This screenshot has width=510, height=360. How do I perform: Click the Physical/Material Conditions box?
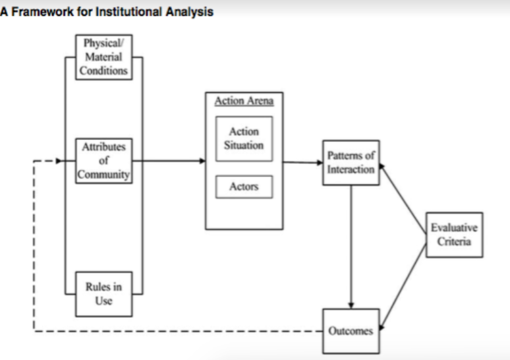click(x=103, y=57)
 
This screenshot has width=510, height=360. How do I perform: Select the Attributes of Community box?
click(x=103, y=161)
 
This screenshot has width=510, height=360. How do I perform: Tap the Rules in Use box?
click(x=103, y=294)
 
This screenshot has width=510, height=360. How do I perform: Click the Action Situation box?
click(x=244, y=138)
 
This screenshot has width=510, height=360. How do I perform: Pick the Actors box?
click(x=244, y=187)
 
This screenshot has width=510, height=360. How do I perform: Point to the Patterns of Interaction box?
click(x=351, y=163)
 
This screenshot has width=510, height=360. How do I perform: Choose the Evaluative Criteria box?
click(x=455, y=235)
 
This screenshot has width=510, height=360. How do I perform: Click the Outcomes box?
click(x=351, y=331)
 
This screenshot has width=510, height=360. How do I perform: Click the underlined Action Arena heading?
click(x=244, y=101)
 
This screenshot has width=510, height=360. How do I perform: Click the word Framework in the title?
click(x=43, y=12)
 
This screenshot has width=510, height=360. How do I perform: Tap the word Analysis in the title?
click(x=189, y=12)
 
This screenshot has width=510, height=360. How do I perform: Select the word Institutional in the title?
click(x=128, y=12)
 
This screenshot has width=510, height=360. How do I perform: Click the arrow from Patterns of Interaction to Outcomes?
click(x=351, y=247)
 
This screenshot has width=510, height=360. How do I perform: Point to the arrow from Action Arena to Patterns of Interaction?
click(x=303, y=162)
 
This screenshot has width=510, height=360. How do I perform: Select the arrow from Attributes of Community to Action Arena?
click(x=169, y=161)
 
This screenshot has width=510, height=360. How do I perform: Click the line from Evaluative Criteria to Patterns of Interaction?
click(x=403, y=199)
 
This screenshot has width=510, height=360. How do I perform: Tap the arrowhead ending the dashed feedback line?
click(x=59, y=161)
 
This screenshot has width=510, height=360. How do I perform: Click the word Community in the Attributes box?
click(x=103, y=175)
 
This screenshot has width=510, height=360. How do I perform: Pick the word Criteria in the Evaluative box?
click(x=454, y=241)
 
